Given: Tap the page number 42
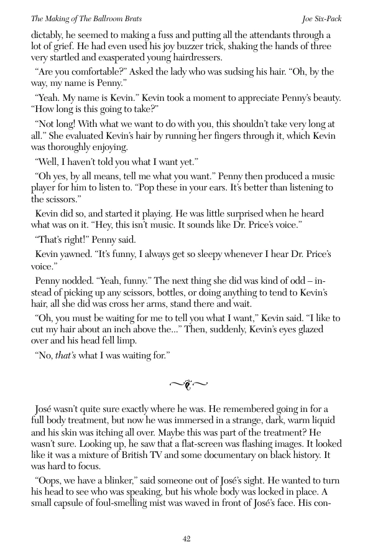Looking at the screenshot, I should click(x=186, y=539).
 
